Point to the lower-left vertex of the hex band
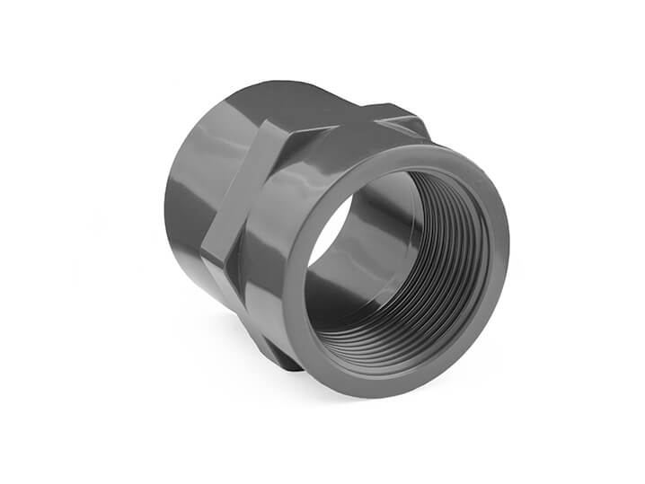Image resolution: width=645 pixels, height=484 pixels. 208,260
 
